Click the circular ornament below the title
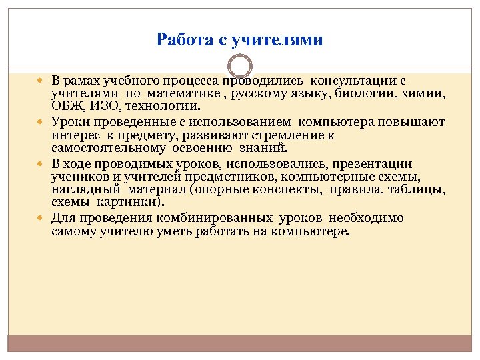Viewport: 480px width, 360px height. click(240, 67)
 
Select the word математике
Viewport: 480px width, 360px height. click(177, 93)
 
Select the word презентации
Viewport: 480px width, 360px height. click(379, 164)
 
